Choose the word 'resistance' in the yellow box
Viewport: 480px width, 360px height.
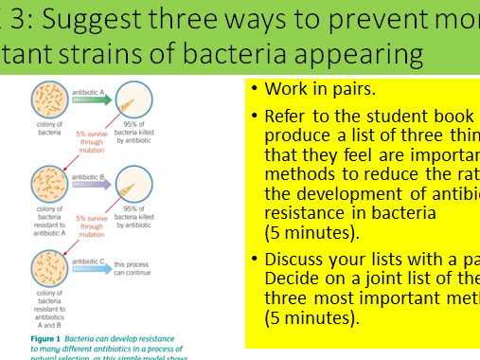(x=307, y=214)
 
